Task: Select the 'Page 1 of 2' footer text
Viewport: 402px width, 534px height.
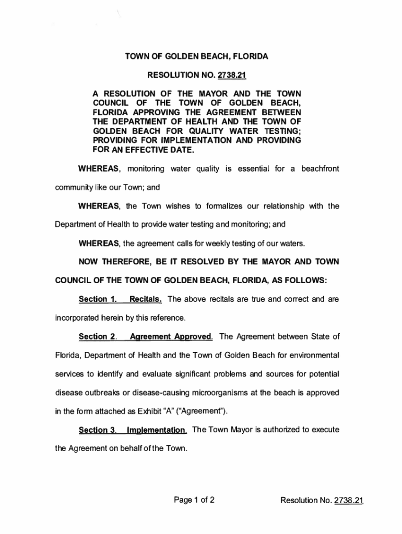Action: [x=195, y=501]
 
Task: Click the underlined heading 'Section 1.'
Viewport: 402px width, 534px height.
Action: [x=97, y=299]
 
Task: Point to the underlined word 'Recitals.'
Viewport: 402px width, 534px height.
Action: [x=146, y=299]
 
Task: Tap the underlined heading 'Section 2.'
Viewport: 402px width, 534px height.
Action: [x=98, y=336]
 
